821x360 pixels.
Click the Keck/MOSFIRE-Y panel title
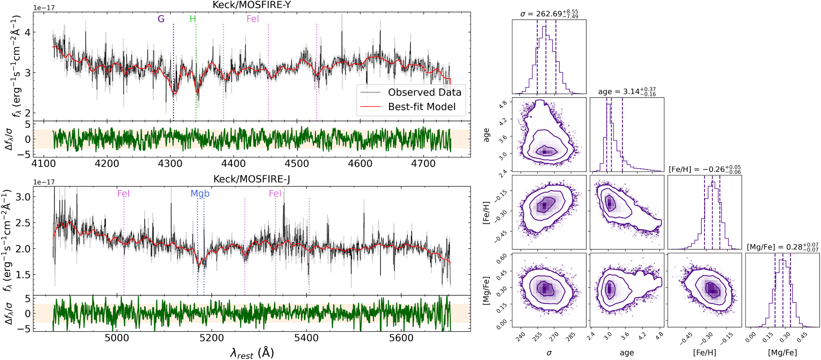click(x=251, y=5)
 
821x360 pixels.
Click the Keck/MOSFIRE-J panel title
click(x=251, y=179)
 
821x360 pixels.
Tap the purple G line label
click(x=161, y=19)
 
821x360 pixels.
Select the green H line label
click(x=193, y=19)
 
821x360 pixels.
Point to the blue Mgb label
click(x=200, y=193)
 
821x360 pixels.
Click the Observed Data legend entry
click(x=425, y=93)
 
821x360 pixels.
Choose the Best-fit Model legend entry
click(x=422, y=107)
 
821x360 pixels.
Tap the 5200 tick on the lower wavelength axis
click(x=211, y=338)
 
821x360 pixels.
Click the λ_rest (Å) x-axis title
click(x=252, y=353)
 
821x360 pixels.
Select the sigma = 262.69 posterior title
click(x=549, y=14)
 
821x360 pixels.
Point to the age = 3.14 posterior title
click(x=627, y=92)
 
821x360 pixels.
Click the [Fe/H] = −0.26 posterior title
click(x=705, y=169)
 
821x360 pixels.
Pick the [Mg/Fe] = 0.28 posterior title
click(x=783, y=247)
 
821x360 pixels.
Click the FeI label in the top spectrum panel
click(x=253, y=19)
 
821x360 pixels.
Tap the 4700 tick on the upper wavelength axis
click(x=423, y=164)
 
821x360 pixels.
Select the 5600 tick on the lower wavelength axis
click(x=401, y=338)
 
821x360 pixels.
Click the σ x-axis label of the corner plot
click(x=549, y=353)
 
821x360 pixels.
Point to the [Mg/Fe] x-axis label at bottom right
click(x=783, y=353)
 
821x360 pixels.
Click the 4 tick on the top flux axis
click(x=28, y=32)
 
